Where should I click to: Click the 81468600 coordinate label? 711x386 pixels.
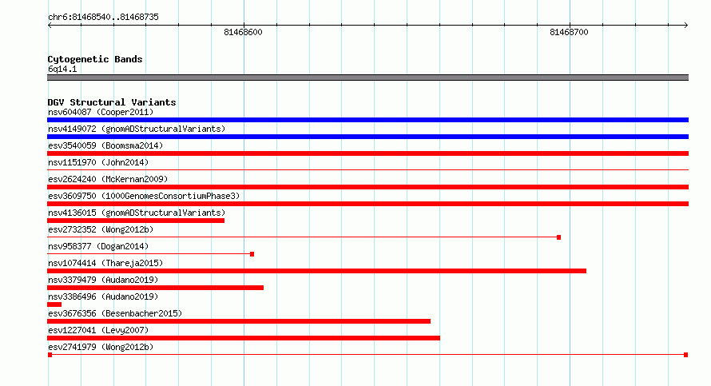(x=243, y=32)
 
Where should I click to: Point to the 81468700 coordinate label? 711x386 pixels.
(x=569, y=32)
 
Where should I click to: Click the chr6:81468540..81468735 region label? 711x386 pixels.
(x=103, y=18)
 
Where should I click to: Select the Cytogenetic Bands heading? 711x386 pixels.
(x=95, y=59)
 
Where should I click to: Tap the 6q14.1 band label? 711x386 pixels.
(x=62, y=69)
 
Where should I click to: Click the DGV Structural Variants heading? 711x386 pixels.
(x=112, y=102)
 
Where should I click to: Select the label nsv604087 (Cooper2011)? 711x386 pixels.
(x=101, y=112)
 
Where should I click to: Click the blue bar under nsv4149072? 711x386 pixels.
(x=367, y=137)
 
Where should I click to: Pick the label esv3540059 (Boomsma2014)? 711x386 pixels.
(x=105, y=145)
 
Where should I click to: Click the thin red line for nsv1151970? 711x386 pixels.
(x=367, y=170)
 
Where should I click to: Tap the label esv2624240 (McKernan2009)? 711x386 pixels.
(x=108, y=179)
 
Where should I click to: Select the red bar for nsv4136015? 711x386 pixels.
(x=136, y=221)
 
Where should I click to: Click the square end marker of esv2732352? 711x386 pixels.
(x=558, y=237)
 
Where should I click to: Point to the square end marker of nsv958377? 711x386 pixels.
(x=252, y=254)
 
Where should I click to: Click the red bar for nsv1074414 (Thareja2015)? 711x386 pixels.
(x=316, y=271)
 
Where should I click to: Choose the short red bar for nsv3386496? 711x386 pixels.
(x=54, y=304)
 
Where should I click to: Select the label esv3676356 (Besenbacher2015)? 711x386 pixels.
(x=115, y=313)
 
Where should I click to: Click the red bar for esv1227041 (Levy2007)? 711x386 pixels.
(x=244, y=338)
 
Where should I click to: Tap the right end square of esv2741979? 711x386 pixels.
(x=686, y=355)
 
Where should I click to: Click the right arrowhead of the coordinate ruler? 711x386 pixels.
(x=686, y=26)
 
